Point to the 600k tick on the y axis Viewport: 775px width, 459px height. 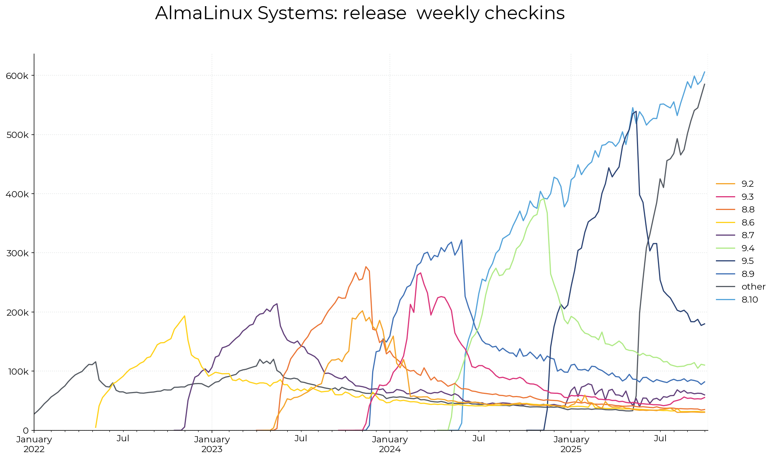point(17,76)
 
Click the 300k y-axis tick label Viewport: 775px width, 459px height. point(17,253)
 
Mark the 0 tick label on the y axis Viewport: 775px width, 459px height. point(26,430)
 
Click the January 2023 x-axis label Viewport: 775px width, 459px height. point(212,444)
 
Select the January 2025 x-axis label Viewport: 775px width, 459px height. point(571,444)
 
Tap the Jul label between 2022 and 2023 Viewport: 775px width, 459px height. point(123,439)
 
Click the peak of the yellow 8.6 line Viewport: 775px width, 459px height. point(184,316)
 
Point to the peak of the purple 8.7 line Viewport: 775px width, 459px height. point(277,304)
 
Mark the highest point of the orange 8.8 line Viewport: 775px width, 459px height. point(366,267)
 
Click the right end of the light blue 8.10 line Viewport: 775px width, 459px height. point(704,72)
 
